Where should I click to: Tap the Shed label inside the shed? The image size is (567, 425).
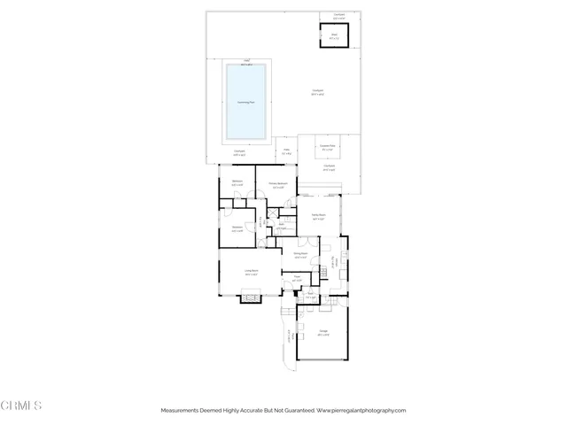[x=334, y=36]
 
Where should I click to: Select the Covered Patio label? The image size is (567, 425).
[x=327, y=146]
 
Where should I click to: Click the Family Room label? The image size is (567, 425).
[x=319, y=215]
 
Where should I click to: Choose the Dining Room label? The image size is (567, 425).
[x=300, y=254]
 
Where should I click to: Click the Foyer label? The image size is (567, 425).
[x=297, y=278]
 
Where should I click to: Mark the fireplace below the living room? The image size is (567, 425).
[x=250, y=298]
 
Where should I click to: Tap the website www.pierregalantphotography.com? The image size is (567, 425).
[x=361, y=411]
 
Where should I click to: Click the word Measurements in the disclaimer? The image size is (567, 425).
[x=181, y=411]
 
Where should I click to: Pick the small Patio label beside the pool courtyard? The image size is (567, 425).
[x=286, y=151]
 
